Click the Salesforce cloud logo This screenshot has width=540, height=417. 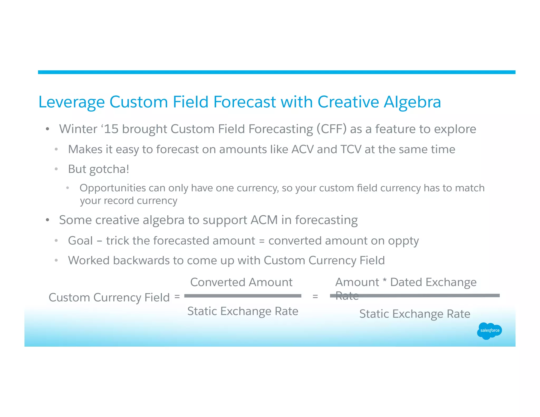pyautogui.click(x=489, y=331)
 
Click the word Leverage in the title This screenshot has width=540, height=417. pyautogui.click(x=71, y=102)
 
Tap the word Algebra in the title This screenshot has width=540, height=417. pyautogui.click(x=412, y=102)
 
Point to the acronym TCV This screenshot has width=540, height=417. pyautogui.click(x=351, y=149)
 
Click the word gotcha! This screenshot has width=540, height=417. pyautogui.click(x=109, y=169)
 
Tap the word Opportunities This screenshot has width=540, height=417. pyautogui.click(x=113, y=188)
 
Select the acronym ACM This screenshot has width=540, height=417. pyautogui.click(x=264, y=220)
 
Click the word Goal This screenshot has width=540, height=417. pyautogui.click(x=80, y=241)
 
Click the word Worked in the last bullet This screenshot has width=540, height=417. pyautogui.click(x=89, y=260)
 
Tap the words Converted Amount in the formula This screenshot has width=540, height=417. pyautogui.click(x=241, y=282)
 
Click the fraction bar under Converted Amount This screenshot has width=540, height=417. pyautogui.click(x=243, y=296)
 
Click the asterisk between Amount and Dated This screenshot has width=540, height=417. pyautogui.click(x=385, y=282)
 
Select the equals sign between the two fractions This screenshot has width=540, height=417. pyautogui.click(x=315, y=297)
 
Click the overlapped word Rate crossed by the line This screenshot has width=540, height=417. pyautogui.click(x=347, y=296)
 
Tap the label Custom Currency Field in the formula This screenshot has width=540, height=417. pyautogui.click(x=109, y=298)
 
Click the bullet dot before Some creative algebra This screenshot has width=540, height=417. pyautogui.click(x=47, y=220)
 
